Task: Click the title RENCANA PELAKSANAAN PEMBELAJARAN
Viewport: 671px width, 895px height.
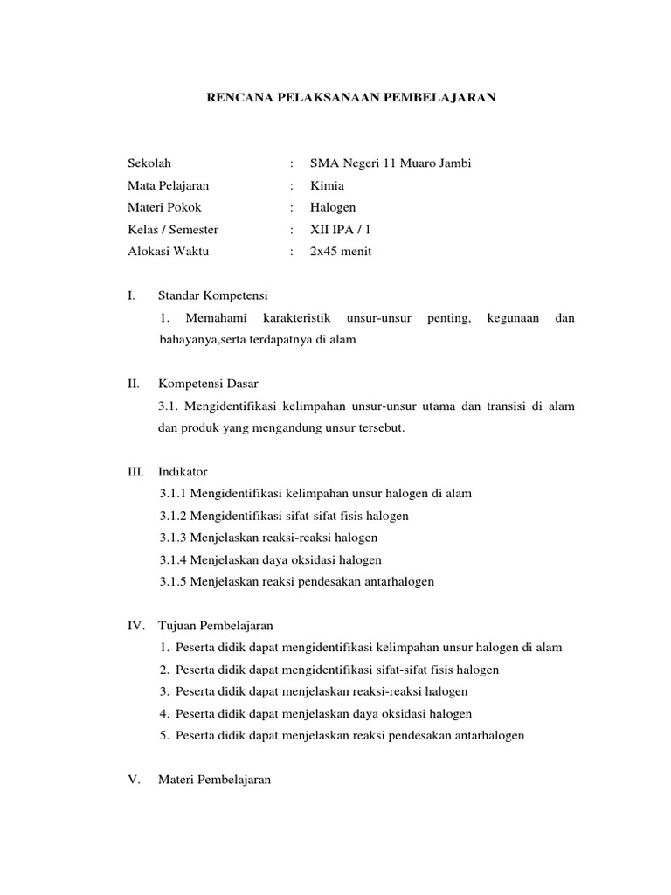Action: [x=349, y=99]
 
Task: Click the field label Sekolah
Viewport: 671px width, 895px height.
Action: [x=149, y=163]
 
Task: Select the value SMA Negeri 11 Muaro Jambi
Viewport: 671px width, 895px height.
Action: [x=391, y=163]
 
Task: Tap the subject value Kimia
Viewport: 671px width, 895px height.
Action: [x=327, y=185]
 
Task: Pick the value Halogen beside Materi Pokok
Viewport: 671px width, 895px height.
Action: [x=333, y=207]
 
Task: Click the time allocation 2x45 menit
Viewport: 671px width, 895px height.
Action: [x=341, y=252]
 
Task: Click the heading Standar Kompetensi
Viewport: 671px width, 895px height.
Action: [x=212, y=295]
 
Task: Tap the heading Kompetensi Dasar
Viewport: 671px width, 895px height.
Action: [x=208, y=384]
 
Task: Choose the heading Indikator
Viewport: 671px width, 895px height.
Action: [x=183, y=471]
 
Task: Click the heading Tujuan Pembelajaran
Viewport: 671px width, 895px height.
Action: [x=216, y=626]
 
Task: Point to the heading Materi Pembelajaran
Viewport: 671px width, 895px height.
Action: [x=214, y=780]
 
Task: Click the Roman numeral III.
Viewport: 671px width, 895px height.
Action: [x=135, y=471]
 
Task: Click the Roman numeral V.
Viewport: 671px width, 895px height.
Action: [x=133, y=780]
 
